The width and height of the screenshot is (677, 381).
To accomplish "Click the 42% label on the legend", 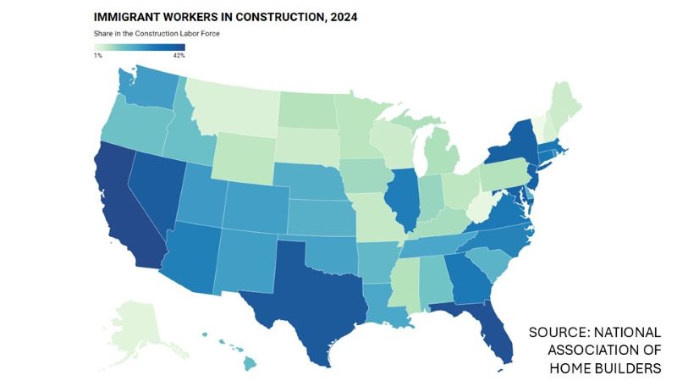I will (x=178, y=56).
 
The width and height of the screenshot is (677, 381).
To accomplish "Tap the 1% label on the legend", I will (x=98, y=56).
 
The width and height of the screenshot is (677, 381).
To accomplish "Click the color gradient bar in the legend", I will (x=139, y=47).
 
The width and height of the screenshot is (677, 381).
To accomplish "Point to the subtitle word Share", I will (x=103, y=33).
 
